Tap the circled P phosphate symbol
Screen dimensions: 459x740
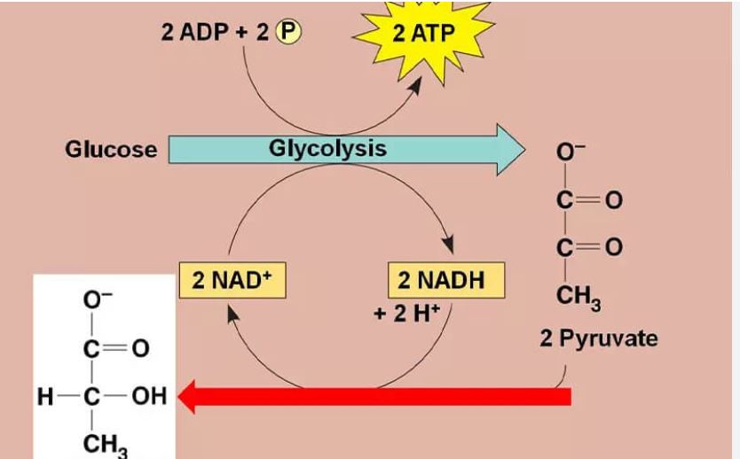pyautogui.click(x=289, y=32)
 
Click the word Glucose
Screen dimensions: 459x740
pyautogui.click(x=111, y=149)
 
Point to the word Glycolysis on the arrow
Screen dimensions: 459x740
pyautogui.click(x=327, y=147)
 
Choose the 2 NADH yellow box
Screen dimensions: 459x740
pyautogui.click(x=446, y=280)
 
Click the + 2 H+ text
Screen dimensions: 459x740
pyautogui.click(x=405, y=315)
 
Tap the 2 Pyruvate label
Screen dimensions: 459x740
pyautogui.click(x=598, y=338)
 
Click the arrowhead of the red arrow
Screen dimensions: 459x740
pyautogui.click(x=187, y=396)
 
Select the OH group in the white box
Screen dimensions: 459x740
pyautogui.click(x=149, y=395)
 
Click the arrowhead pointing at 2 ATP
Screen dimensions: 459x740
pyautogui.click(x=416, y=89)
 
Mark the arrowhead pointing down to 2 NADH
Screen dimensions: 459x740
pyautogui.click(x=448, y=245)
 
